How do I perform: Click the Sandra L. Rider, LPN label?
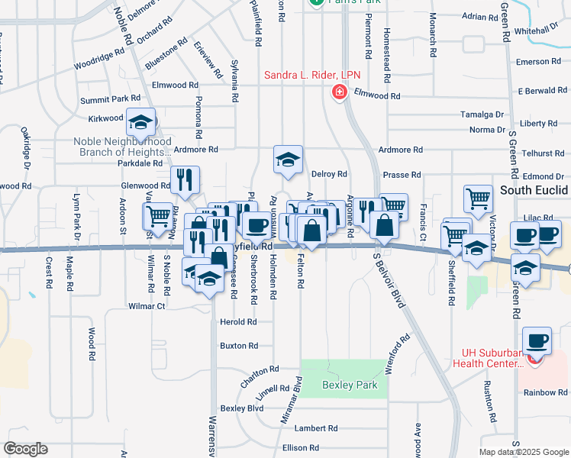coord(312,75)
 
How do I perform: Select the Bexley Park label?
coord(350,385)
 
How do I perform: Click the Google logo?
coord(26,449)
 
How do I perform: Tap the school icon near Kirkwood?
coord(141,122)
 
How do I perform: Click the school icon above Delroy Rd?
coord(289,160)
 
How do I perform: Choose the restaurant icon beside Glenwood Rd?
coord(185,181)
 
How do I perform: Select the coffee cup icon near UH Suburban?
coord(536,340)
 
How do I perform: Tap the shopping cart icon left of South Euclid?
coord(478,199)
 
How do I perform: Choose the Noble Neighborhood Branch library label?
coord(122,147)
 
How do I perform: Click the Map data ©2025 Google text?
coord(524,452)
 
